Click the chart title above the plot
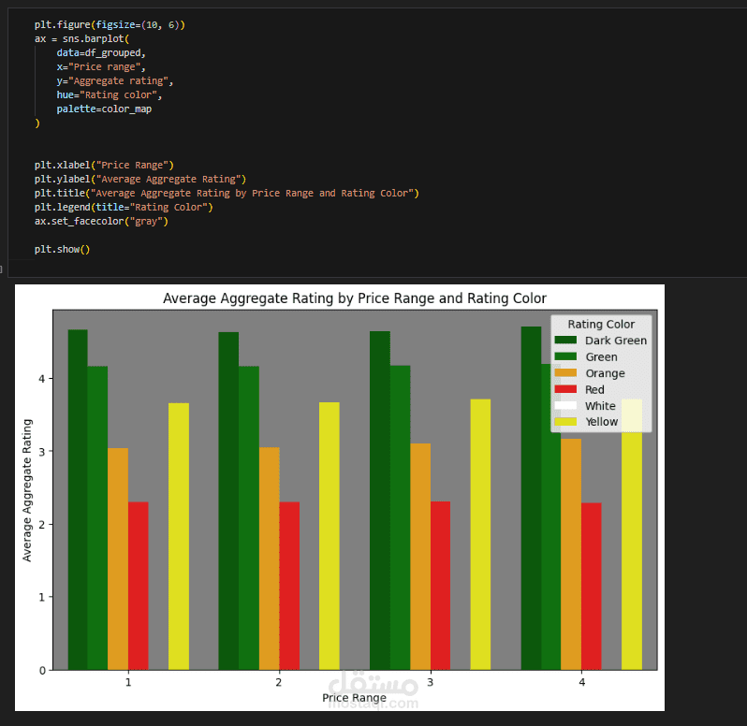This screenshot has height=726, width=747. click(354, 298)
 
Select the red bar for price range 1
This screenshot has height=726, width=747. click(138, 586)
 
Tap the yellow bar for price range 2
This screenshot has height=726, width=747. click(330, 535)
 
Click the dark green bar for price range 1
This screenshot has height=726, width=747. click(78, 500)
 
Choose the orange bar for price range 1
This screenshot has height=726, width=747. click(118, 559)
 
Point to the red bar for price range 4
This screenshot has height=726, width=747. click(591, 586)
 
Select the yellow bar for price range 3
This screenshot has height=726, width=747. click(480, 534)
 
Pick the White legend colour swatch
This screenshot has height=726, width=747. click(565, 406)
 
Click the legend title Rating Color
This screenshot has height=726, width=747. click(601, 324)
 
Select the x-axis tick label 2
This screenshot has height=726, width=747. click(279, 683)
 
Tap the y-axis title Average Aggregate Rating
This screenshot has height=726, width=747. click(28, 490)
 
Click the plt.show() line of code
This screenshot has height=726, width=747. click(63, 249)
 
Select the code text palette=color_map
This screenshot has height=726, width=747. click(103, 109)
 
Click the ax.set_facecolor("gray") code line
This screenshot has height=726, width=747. click(102, 221)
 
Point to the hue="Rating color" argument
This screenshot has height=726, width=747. click(109, 95)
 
